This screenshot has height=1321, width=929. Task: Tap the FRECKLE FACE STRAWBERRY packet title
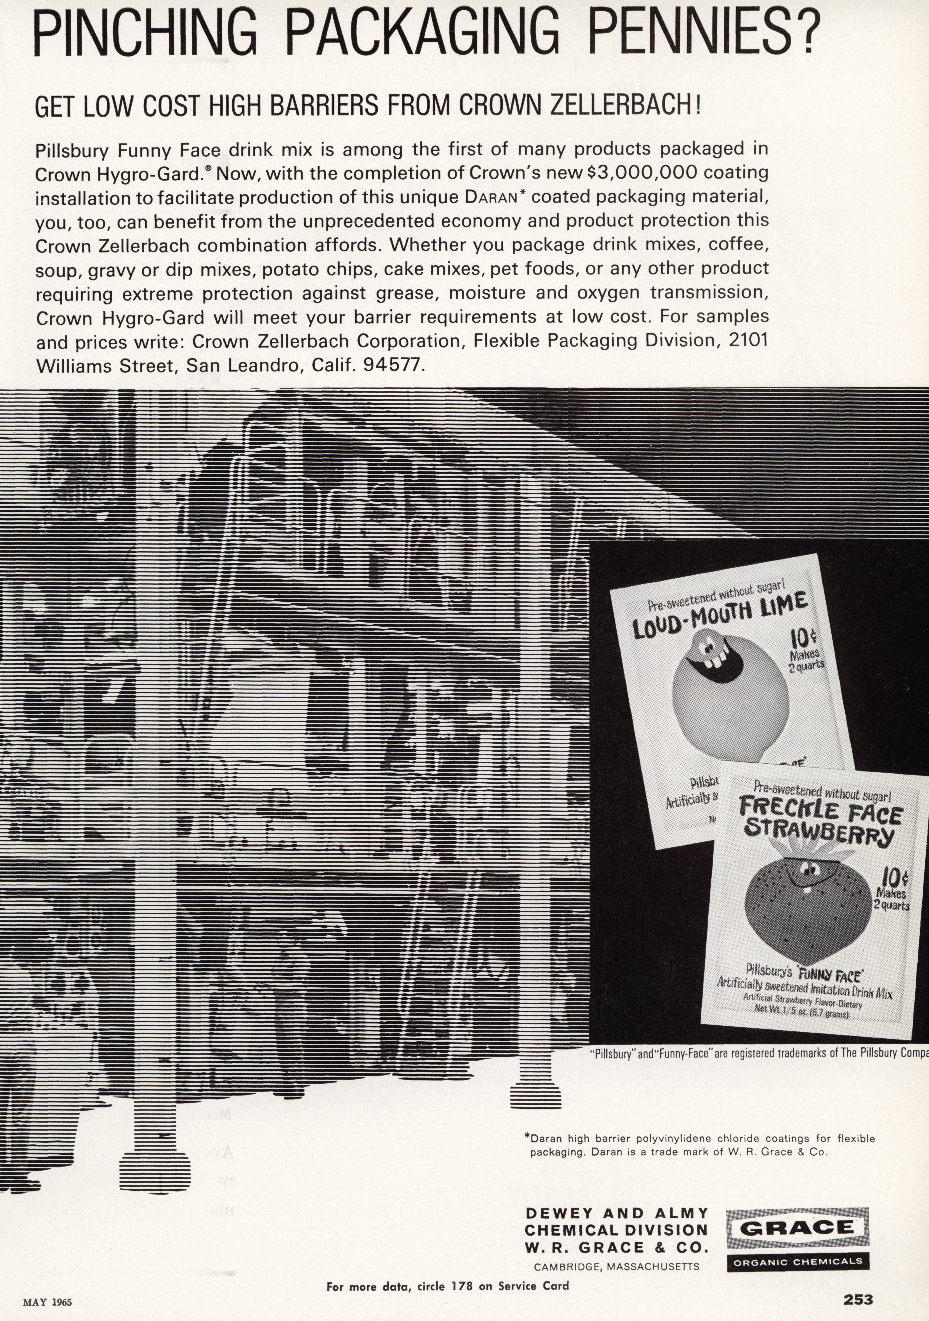tap(820, 820)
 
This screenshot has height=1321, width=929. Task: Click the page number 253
tap(858, 1299)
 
